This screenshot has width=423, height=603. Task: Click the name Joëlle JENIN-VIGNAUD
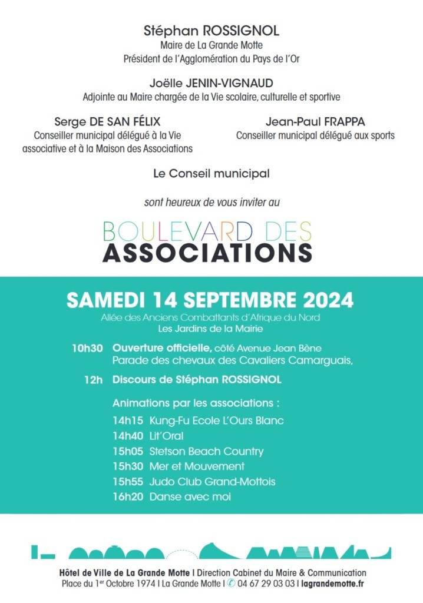[x=211, y=83]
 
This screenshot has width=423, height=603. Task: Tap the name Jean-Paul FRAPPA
[x=315, y=122]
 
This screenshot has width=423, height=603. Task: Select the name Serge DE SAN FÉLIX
[x=107, y=122]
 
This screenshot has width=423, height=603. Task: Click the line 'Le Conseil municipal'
[x=211, y=174]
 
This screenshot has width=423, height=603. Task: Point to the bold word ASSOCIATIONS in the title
[x=207, y=252]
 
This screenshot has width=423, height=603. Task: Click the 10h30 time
[x=87, y=347]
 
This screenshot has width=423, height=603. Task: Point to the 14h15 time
[x=128, y=420]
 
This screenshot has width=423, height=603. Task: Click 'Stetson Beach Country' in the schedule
[x=206, y=451]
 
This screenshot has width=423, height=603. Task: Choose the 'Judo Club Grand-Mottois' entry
[x=212, y=482]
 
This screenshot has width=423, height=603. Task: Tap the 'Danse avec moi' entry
[x=190, y=497]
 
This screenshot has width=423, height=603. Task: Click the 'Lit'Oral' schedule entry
[x=166, y=436]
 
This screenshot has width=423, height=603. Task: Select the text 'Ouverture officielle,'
[x=162, y=347]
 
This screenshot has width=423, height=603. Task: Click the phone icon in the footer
[x=232, y=584]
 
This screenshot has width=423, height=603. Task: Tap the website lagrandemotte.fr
[x=332, y=584]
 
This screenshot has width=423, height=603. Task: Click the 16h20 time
[x=128, y=497]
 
